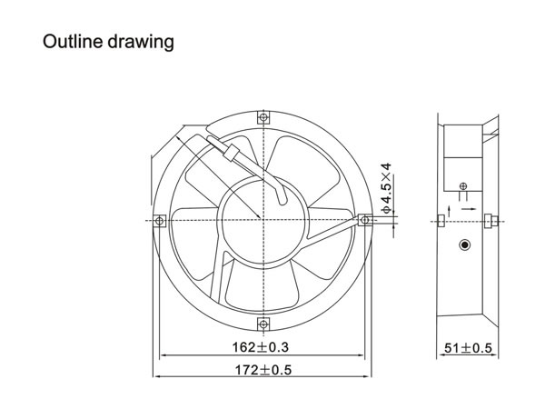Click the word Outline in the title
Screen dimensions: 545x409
point(73,41)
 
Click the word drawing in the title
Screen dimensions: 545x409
point(141,43)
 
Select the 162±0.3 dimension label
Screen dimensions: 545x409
point(261,347)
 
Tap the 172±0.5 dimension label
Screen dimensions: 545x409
point(263,370)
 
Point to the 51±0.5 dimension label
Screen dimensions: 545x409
point(468,348)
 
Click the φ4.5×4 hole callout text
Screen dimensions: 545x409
point(386,188)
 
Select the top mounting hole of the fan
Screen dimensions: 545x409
point(263,117)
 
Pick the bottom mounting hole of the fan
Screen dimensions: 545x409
point(263,324)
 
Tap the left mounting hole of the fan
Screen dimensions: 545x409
point(160,221)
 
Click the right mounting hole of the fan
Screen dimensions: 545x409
point(365,220)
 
